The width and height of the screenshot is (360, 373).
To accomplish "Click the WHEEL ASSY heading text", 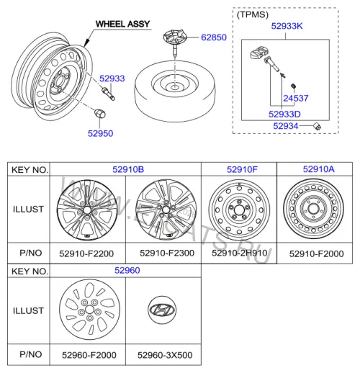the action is click(122, 24).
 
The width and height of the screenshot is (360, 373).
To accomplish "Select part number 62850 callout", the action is click(214, 37).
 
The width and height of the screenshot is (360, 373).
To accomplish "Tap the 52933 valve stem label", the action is click(112, 78).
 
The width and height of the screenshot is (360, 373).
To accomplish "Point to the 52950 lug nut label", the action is click(100, 133).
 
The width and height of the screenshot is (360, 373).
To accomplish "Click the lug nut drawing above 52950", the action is click(100, 113).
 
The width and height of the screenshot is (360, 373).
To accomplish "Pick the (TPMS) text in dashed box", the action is click(253, 14).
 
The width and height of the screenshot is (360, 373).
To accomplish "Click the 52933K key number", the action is click(287, 26).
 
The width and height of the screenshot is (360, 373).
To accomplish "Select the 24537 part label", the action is click(296, 98).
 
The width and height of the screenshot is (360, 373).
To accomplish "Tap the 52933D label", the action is click(284, 114).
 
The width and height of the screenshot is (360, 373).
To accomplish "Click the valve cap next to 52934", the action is click(317, 126).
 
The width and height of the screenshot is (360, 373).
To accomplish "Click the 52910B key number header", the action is click(128, 169).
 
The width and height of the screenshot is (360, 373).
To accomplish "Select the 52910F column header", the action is click(242, 169).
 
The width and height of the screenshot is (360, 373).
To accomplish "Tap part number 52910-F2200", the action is click(86, 253).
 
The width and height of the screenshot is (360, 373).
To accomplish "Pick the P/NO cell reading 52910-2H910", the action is click(240, 253).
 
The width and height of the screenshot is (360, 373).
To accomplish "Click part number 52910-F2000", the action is click(316, 253).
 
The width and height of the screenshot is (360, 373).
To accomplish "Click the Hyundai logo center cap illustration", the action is click(162, 310).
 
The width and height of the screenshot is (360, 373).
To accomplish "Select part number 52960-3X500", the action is click(165, 355).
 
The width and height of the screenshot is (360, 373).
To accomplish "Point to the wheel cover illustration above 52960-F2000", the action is click(89, 310).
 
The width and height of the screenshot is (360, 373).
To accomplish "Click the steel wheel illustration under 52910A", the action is click(313, 209).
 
